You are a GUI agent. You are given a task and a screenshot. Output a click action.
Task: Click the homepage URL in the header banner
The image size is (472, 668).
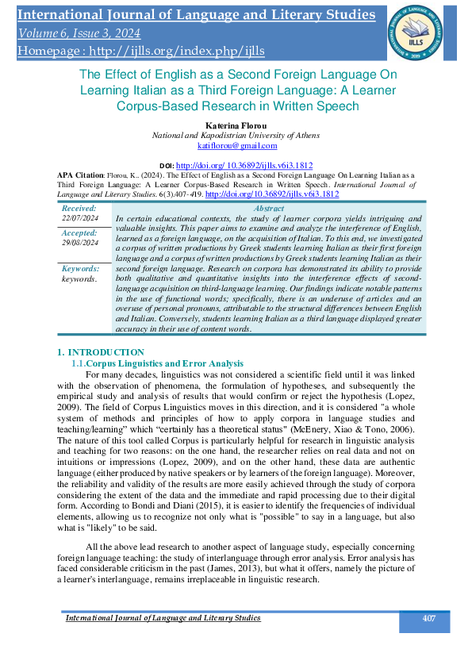[x=139, y=51]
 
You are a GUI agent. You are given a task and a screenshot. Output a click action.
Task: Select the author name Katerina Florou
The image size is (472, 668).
[x=236, y=125]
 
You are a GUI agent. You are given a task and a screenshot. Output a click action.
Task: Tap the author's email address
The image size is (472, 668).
[x=236, y=145]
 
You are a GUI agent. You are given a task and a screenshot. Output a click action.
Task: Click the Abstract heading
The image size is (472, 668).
[x=269, y=207]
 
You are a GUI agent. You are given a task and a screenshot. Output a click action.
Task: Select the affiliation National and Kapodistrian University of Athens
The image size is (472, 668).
[x=236, y=136]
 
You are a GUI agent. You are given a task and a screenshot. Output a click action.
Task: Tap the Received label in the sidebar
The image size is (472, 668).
[x=79, y=207]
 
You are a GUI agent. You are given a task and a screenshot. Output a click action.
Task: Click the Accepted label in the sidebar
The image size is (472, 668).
[x=79, y=233]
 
